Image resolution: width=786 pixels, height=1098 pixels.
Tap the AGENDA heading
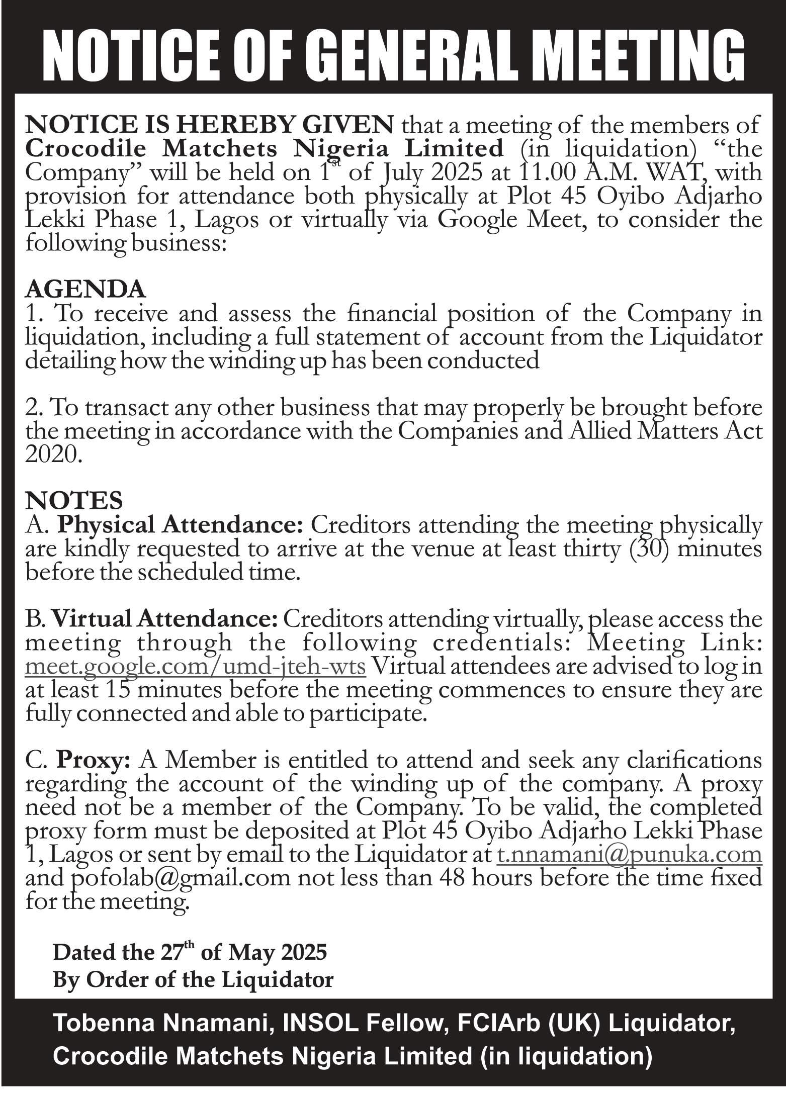click(x=86, y=290)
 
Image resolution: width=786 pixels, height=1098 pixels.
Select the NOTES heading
click(x=74, y=501)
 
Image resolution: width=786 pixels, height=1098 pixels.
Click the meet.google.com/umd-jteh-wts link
click(x=195, y=667)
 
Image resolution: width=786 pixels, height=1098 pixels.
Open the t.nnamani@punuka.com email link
click(x=629, y=855)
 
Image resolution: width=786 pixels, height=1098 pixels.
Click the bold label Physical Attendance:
click(x=180, y=525)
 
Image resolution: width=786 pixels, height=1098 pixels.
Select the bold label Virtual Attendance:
click(x=164, y=619)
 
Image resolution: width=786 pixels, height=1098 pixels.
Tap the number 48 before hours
click(x=452, y=878)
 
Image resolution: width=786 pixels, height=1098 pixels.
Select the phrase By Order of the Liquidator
click(x=193, y=979)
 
